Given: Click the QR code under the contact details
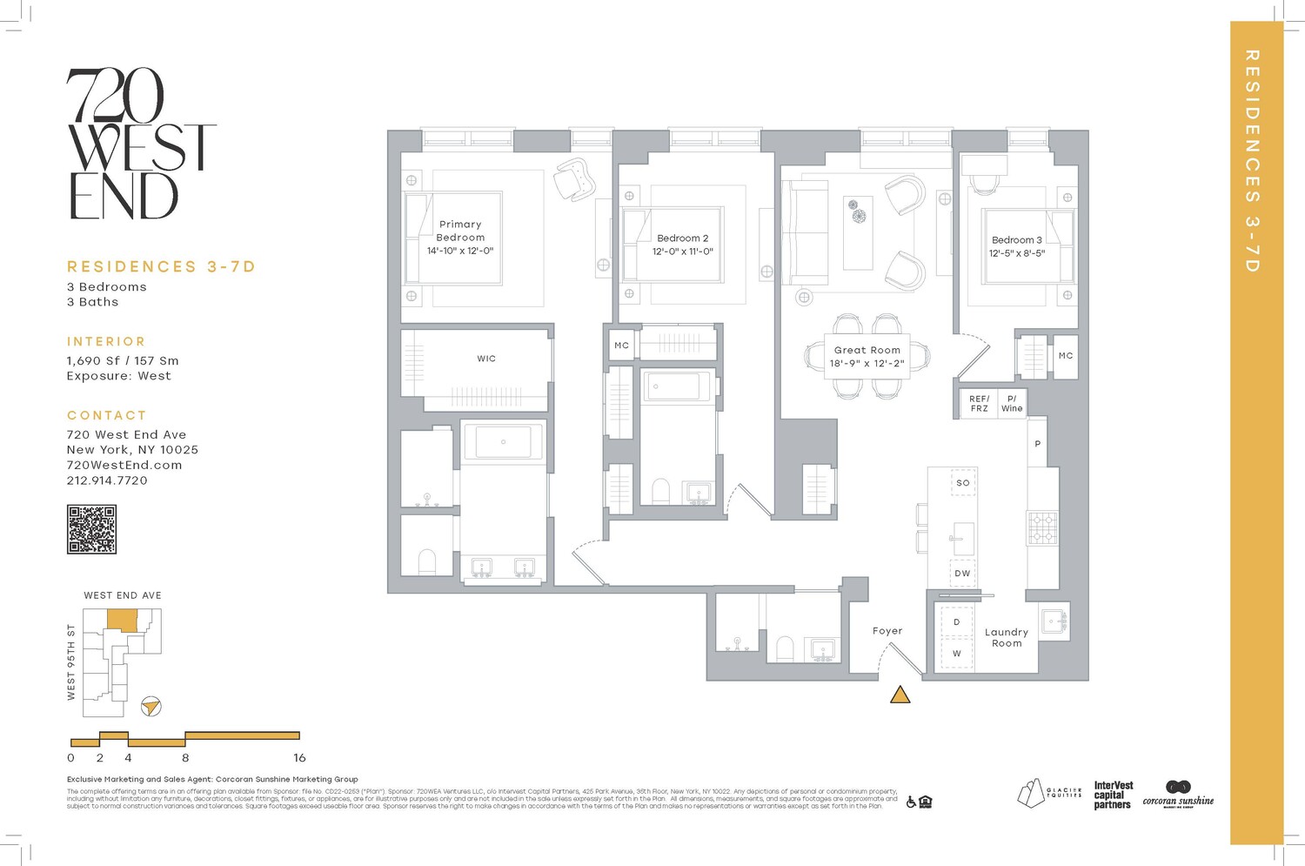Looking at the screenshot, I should coord(91,529).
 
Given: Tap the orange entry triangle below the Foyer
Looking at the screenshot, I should coord(900,695).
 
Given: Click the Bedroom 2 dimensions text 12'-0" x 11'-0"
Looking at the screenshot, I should coord(683,252).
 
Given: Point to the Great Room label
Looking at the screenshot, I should coord(867,350).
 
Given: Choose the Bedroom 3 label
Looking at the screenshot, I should coord(1016,240).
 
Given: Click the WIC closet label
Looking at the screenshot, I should coord(486,359).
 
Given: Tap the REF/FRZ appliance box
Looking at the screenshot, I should coord(979,404).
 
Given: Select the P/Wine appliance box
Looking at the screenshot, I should coord(1012,404).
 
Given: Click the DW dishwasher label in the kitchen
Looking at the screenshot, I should coord(962,574).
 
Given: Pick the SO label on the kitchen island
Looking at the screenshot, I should coord(963,483).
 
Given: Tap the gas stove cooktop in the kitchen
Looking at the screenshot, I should coord(1042,527).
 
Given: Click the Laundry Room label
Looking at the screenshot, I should coord(1007,638).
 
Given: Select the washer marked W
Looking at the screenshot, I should coord(957,654).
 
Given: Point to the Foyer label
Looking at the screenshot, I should coord(887,631).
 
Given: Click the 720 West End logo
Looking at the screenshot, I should coord(139,144).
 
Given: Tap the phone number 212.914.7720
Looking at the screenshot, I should coord(107,480).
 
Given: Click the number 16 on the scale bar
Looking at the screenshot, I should coord(299,758).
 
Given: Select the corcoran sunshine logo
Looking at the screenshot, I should coord(1178,795).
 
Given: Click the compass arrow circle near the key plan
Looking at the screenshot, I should coord(151,706).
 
